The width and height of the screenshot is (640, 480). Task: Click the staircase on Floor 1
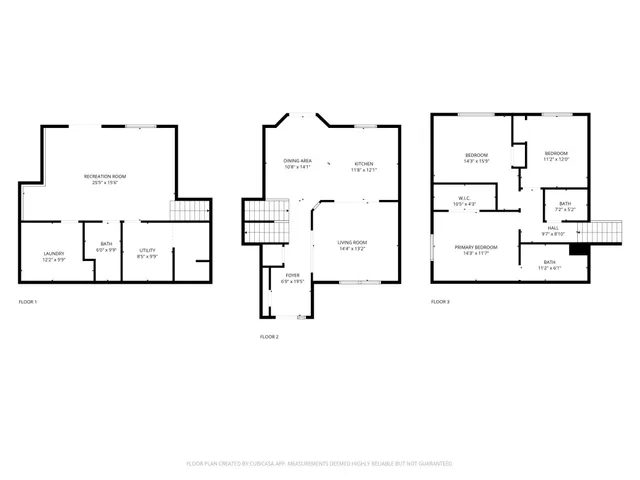pyautogui.click(x=192, y=211)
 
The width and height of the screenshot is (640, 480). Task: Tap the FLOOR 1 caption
pyautogui.click(x=28, y=301)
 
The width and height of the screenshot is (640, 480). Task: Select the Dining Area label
pyautogui.click(x=297, y=164)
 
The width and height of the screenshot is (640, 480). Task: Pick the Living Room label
pyautogui.click(x=351, y=245)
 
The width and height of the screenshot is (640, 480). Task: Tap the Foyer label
pyautogui.click(x=292, y=278)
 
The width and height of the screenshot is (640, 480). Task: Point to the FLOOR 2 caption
pyautogui.click(x=269, y=337)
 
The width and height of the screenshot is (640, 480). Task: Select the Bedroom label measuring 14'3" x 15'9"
pyautogui.click(x=476, y=157)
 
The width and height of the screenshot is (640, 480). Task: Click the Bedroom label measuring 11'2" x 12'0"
pyautogui.click(x=555, y=156)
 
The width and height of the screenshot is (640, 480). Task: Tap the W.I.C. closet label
pyautogui.click(x=466, y=200)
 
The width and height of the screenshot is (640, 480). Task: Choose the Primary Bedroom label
pyautogui.click(x=476, y=249)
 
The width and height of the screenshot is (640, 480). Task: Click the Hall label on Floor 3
pyautogui.click(x=553, y=231)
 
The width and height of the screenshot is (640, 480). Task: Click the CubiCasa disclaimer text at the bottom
pyautogui.click(x=320, y=464)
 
